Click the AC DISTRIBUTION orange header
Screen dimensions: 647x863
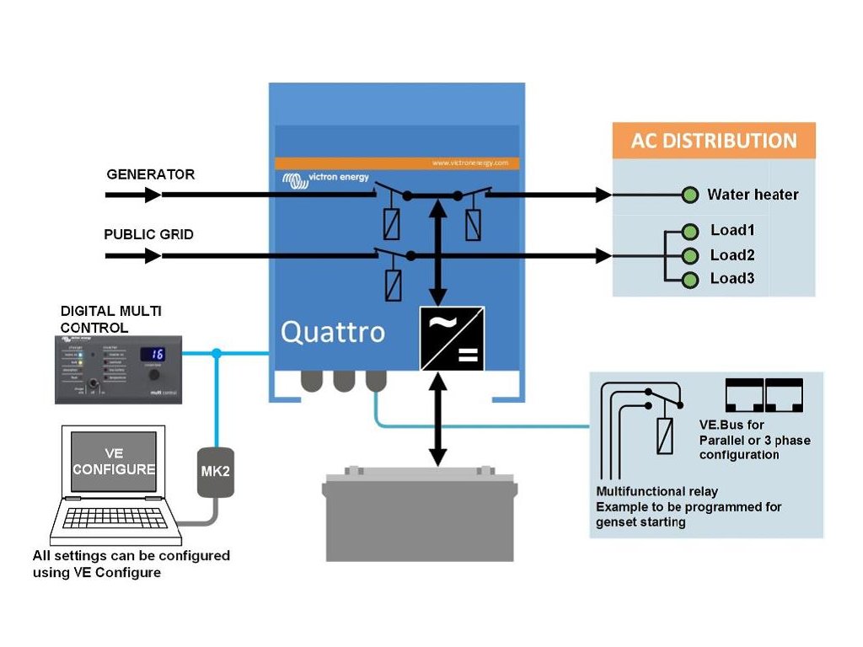click(713, 141)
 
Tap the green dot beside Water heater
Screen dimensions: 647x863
click(691, 195)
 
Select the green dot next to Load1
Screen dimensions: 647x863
click(691, 231)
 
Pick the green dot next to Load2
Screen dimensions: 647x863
click(691, 255)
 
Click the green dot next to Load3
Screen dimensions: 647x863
click(691, 280)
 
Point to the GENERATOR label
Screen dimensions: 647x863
click(150, 175)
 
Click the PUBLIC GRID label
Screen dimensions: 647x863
click(148, 234)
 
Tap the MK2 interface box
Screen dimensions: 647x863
click(215, 471)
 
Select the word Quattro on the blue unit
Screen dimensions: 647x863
click(332, 332)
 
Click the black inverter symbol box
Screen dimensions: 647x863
click(452, 339)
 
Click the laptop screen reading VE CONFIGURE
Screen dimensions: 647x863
click(114, 461)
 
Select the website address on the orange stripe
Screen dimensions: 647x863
click(469, 163)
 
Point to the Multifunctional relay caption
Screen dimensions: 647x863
click(657, 491)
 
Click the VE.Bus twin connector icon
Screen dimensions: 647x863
click(764, 395)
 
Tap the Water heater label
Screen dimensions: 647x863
click(752, 195)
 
